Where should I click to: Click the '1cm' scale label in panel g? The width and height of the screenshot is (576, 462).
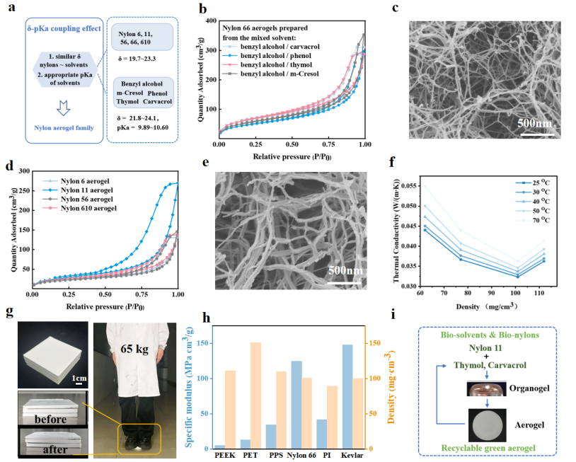[x=79, y=378]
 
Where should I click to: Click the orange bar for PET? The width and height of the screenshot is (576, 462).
[x=255, y=395]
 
